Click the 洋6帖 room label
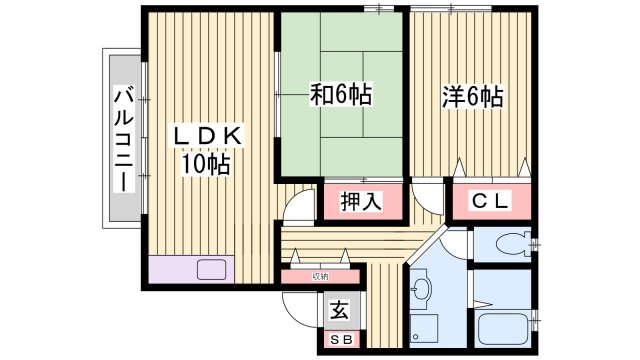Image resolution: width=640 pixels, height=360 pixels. point(472,97)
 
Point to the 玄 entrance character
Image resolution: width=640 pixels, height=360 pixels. point(340,311)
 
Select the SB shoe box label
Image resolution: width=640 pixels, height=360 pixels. point(340,340)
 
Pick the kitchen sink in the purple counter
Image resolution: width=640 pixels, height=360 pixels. point(213,269)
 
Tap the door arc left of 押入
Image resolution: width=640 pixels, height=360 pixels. point(298,207)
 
